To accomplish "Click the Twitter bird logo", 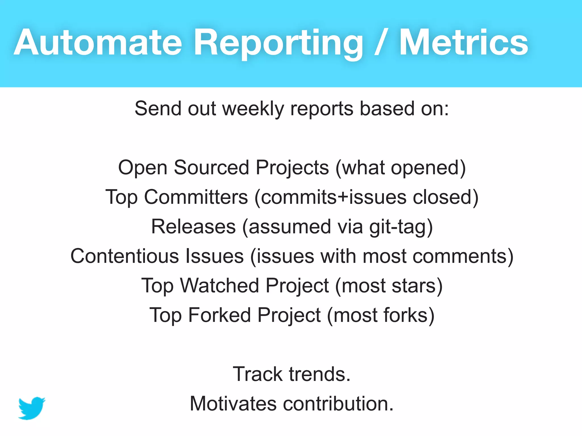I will coord(32,408).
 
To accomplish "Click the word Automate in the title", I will coord(98,43).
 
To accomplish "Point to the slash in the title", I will coord(381,43).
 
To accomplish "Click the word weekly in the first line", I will coord(253,109).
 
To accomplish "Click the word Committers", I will coord(196,197).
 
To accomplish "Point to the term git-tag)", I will coord(401,227).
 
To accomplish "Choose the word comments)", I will coord(463,256).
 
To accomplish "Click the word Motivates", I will coord(233,404).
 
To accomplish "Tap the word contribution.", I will coord(338,404).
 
